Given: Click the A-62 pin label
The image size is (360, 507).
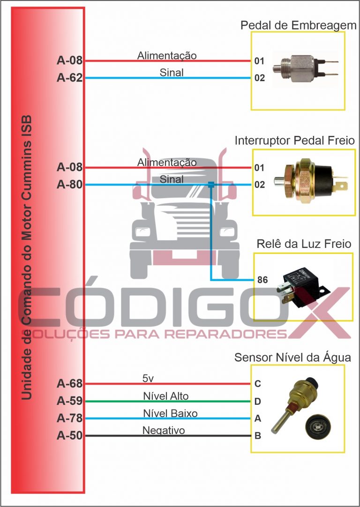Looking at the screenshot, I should [x=69, y=78].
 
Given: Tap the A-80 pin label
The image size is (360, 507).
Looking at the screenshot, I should [x=69, y=185].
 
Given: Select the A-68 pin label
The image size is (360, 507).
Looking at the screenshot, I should [x=69, y=384].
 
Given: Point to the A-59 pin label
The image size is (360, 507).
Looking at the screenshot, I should [x=69, y=401].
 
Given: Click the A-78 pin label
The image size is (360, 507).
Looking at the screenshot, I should [x=69, y=418].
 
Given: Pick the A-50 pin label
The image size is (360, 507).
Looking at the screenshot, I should [x=69, y=436].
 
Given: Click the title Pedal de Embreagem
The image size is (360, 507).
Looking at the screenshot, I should [x=299, y=25].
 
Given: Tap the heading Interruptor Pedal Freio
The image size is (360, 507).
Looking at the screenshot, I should [x=294, y=141].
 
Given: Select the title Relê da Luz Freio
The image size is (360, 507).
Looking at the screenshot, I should [x=304, y=244].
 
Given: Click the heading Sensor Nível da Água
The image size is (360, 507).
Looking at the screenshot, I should [x=292, y=358].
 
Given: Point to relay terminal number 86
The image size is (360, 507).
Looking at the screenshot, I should [x=262, y=280].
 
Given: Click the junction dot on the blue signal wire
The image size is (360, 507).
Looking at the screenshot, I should [x=211, y=185].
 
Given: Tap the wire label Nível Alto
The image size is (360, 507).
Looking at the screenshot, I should [x=166, y=396].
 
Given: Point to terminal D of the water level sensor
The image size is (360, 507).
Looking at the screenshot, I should [x=258, y=402].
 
